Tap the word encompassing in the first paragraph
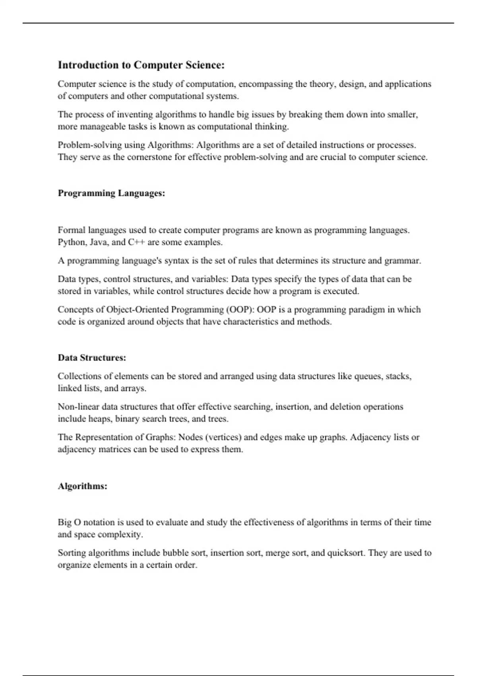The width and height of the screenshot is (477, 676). (262, 84)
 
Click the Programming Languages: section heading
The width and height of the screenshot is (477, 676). (111, 193)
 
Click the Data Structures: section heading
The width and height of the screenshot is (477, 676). (92, 358)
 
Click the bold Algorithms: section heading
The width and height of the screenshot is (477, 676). (82, 486)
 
